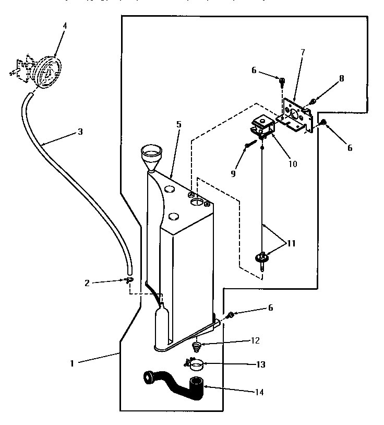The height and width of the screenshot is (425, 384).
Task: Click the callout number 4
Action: point(65,25)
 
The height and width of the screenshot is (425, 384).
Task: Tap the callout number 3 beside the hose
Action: point(80,132)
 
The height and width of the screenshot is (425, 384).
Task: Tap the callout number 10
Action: point(292,163)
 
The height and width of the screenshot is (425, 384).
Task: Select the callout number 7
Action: point(303,52)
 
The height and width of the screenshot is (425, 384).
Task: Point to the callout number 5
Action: point(178,125)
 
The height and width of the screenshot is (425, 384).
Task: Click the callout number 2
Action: point(87,282)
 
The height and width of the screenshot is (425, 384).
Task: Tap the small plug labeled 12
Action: point(197,346)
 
